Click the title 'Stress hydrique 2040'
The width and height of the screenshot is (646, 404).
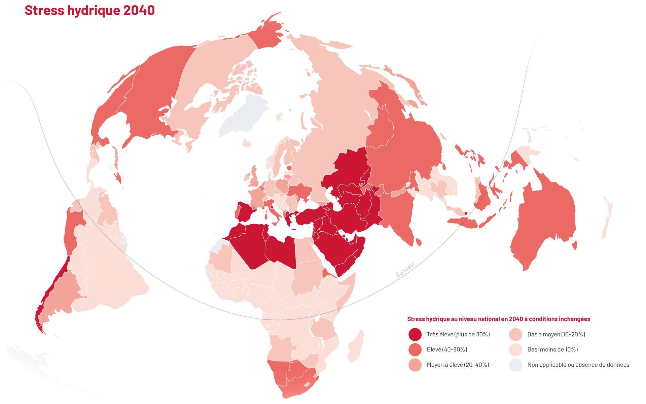[89, 10]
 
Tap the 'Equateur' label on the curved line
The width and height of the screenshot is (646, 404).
[405, 270]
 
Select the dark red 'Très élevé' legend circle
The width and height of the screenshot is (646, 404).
[415, 335]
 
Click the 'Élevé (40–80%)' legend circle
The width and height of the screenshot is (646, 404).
[415, 350]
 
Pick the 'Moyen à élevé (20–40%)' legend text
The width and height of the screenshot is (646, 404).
[458, 365]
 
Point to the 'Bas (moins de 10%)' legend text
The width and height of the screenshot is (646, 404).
[552, 350]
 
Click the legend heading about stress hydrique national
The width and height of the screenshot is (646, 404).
[498, 319]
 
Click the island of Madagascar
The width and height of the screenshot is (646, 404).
[356, 347]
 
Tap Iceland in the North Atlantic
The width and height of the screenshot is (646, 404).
[247, 144]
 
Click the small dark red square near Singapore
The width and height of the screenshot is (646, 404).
[466, 213]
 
